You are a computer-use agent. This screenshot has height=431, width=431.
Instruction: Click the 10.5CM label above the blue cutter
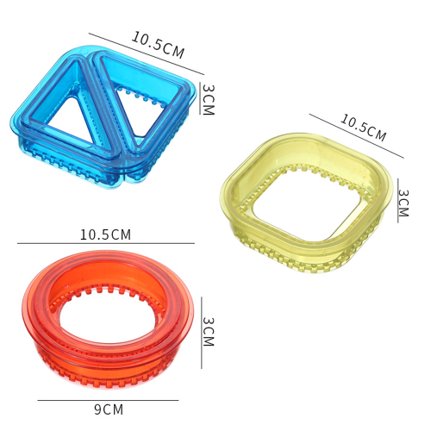[158, 45]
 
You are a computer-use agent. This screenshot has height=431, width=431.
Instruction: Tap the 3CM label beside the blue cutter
[209, 99]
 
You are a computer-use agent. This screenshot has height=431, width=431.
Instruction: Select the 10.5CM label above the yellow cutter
[364, 128]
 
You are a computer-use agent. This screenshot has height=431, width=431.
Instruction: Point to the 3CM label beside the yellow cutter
[403, 203]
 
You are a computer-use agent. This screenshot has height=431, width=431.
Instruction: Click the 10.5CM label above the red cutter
[105, 234]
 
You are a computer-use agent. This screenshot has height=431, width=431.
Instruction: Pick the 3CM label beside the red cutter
[209, 332]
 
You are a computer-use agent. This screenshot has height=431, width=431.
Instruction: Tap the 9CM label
[109, 409]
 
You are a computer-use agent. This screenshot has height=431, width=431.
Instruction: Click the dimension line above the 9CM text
[108, 400]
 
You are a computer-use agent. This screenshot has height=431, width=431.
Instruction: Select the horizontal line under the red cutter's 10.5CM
[106, 243]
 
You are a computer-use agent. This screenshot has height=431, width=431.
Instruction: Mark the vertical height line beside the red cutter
[202, 333]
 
